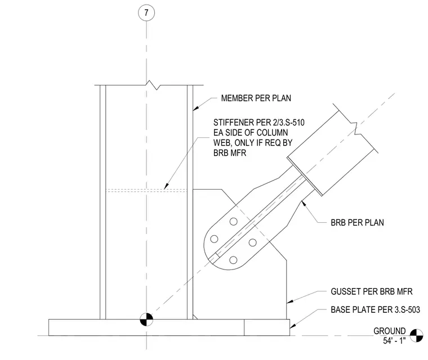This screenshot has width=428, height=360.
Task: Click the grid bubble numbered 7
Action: click(146, 13)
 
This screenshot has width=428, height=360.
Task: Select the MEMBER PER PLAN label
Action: click(256, 98)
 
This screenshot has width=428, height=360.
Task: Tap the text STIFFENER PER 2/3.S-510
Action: click(258, 123)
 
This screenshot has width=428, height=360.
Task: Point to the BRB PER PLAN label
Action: click(357, 223)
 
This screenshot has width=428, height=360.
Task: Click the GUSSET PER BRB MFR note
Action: click(372, 291)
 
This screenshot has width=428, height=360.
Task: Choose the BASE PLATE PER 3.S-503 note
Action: click(375, 310)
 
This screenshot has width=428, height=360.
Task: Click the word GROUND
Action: click(390, 331)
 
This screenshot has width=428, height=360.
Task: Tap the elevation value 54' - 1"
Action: click(394, 341)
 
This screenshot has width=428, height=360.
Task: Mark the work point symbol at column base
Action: click(146, 319)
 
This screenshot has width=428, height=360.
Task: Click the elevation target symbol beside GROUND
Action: click(417, 335)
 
